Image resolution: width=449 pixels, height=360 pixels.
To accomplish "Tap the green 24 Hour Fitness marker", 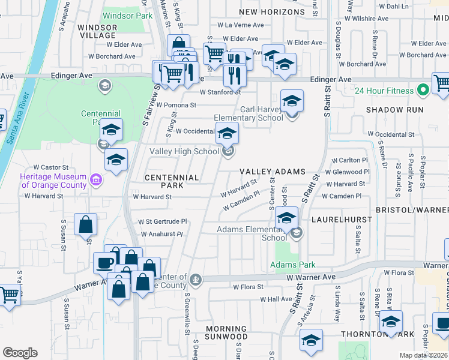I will (x=423, y=91).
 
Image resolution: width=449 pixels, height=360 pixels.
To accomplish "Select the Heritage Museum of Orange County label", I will (x=53, y=181).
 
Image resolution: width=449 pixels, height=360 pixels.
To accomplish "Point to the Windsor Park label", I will (x=127, y=16).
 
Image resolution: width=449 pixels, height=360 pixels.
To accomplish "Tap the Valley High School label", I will (x=184, y=152).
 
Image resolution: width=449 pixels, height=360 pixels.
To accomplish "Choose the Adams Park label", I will (x=293, y=265).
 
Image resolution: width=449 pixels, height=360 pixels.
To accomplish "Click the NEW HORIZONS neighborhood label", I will (x=272, y=12).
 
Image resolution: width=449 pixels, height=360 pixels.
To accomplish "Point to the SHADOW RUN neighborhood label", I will (x=394, y=110).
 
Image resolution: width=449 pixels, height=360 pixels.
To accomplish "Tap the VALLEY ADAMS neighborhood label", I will (x=273, y=172).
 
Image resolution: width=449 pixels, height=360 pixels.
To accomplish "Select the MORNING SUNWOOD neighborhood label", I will (x=226, y=333).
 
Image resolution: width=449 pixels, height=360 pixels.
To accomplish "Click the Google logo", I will (x=20, y=353).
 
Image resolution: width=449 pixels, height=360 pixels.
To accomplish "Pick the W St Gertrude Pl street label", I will (x=163, y=221).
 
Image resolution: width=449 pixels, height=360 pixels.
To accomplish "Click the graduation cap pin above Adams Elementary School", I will (x=287, y=218).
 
